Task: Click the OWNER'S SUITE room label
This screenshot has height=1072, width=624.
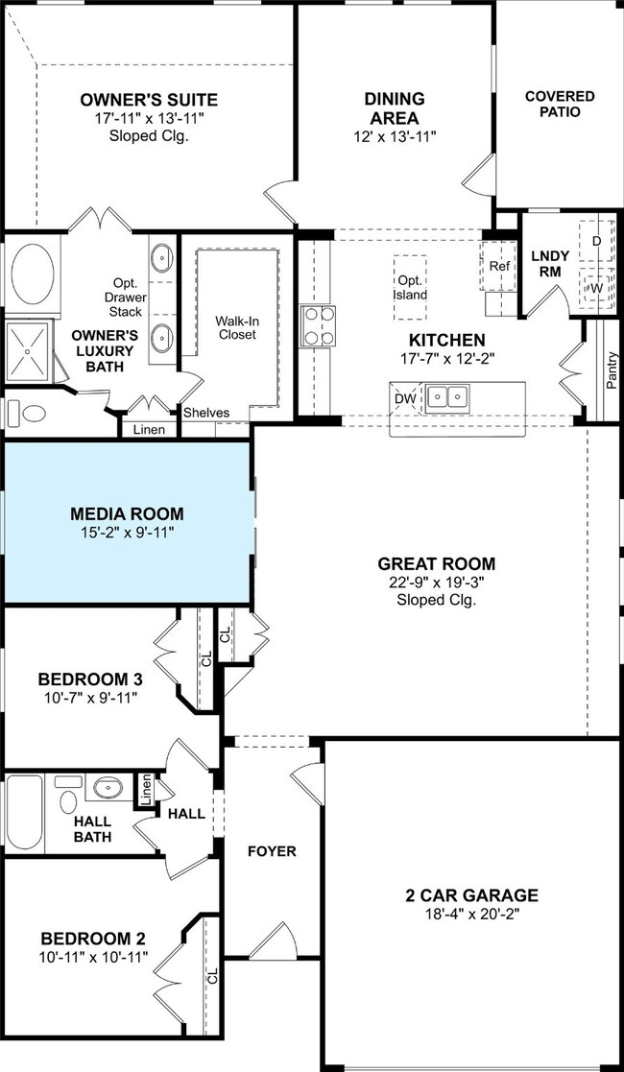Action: point(149,100)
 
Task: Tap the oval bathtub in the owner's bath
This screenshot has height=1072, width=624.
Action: point(33,274)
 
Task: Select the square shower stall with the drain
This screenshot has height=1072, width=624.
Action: point(28,351)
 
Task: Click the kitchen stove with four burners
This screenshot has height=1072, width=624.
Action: point(319,326)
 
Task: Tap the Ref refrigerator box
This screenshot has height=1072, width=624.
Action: point(499,266)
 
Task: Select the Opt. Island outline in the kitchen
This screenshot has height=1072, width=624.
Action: point(411,288)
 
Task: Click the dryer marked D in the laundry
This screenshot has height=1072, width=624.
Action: point(596,241)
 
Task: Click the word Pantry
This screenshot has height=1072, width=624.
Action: point(612,369)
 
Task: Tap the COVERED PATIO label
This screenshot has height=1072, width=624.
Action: point(560,104)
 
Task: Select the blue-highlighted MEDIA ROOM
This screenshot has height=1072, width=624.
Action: point(128,522)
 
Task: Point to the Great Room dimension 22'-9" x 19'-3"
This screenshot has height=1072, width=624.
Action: point(437,583)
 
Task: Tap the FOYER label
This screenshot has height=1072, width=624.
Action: point(273,851)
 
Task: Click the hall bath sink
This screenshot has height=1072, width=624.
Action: point(108,788)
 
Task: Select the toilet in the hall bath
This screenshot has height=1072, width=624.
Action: point(68,795)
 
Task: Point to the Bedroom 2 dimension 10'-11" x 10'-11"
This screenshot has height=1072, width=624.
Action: point(94,957)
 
